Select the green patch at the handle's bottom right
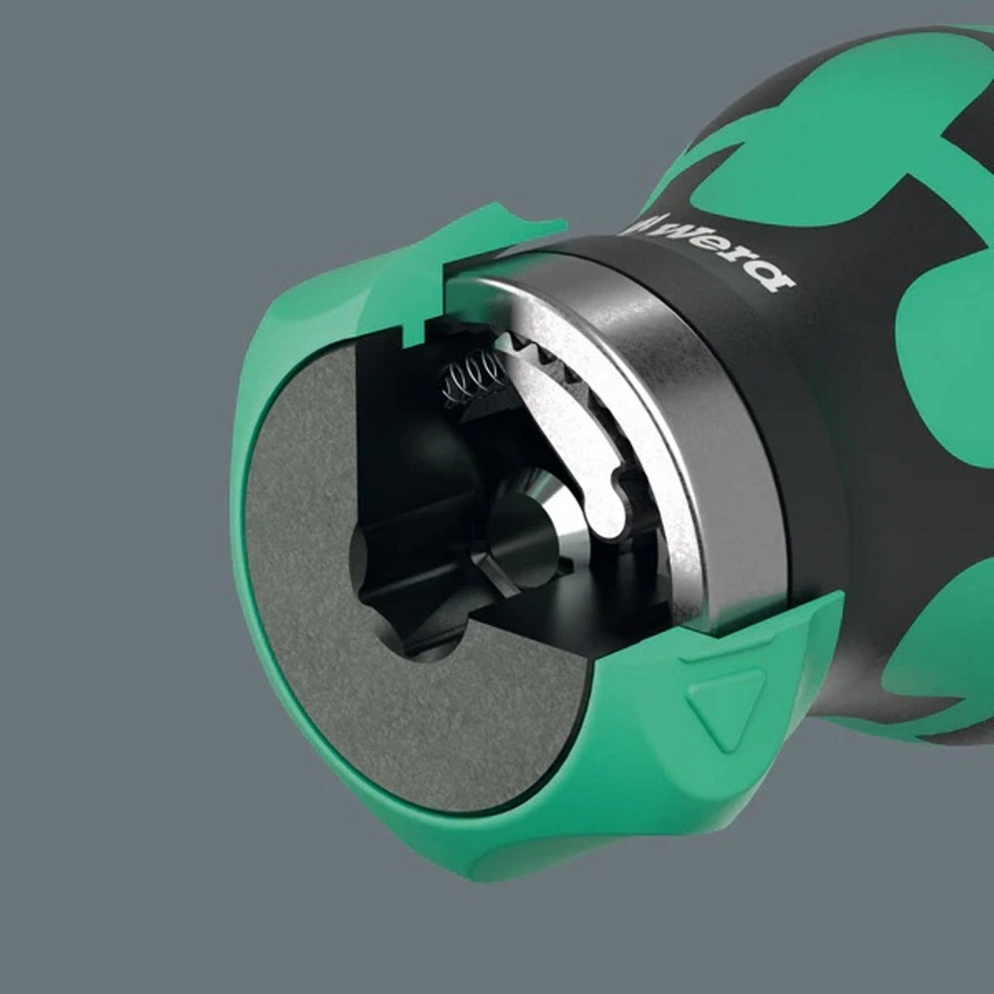(944, 656)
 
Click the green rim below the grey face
(427, 845)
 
